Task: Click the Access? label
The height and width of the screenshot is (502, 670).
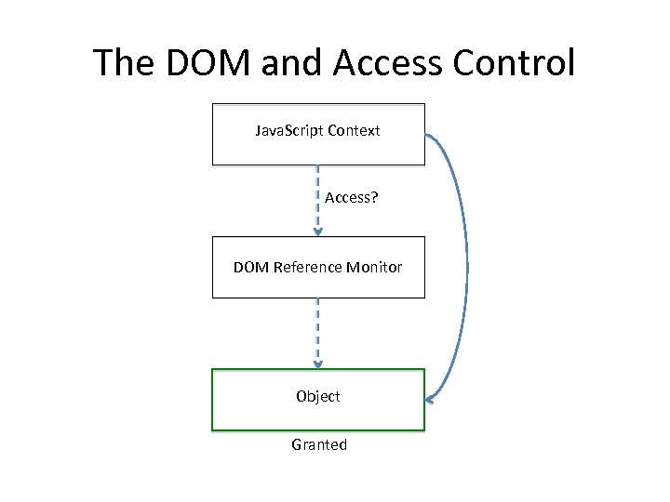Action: pos(351,198)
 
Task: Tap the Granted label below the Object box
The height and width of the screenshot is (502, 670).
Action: pos(319,444)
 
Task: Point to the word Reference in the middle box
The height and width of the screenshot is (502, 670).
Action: pos(306,268)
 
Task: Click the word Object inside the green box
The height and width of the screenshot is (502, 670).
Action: pos(318,396)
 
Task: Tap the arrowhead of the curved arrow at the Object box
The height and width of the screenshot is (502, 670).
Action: pos(431,400)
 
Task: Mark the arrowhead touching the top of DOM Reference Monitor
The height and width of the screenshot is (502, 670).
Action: pos(318,231)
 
